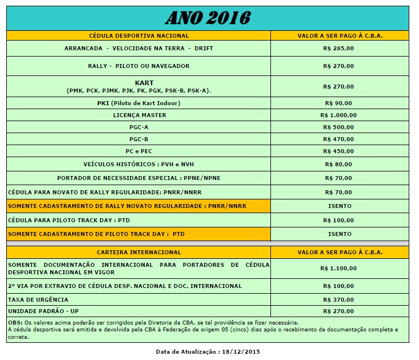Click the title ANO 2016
click(x=208, y=18)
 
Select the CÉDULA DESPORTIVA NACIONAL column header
click(x=139, y=35)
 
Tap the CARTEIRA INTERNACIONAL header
click(x=139, y=252)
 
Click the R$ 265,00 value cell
click(x=339, y=49)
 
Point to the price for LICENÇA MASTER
click(x=339, y=115)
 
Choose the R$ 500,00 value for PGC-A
click(x=339, y=127)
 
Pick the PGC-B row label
click(x=139, y=139)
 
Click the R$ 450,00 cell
click(x=339, y=151)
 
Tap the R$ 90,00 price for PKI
click(x=339, y=103)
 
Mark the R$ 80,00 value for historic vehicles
click(x=339, y=165)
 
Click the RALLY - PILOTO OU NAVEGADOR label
click(x=139, y=66)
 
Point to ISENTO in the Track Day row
click(x=340, y=234)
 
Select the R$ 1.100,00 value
click(x=339, y=268)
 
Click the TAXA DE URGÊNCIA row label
click(x=38, y=299)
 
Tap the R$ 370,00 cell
click(x=339, y=299)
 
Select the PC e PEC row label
click(x=139, y=151)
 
